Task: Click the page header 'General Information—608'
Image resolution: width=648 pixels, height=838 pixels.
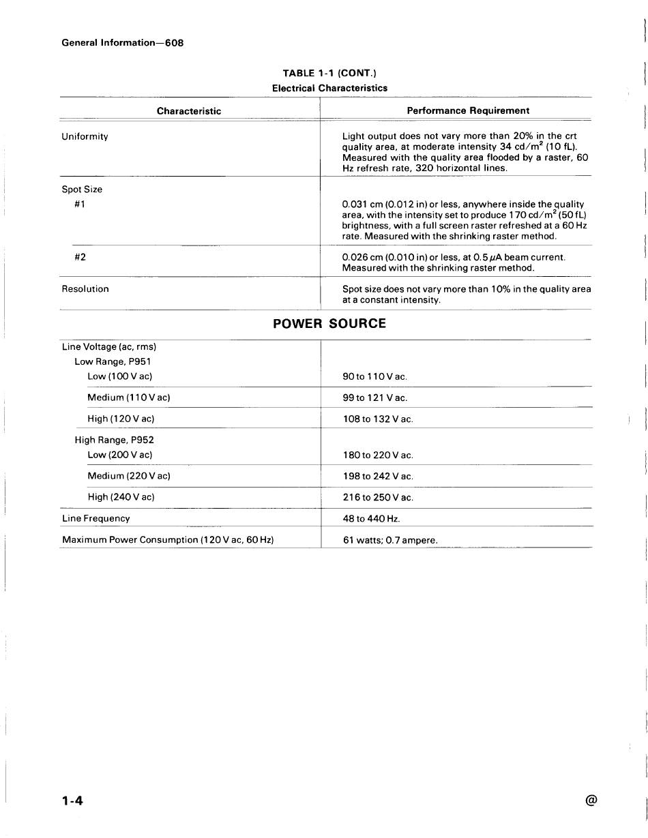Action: coord(123,43)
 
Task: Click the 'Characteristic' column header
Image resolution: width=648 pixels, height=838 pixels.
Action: coord(189,111)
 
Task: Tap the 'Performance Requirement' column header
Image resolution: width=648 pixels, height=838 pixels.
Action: coord(468,110)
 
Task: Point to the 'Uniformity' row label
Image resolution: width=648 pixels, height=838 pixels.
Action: coord(85,136)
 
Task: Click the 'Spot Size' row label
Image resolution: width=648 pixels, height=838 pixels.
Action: coord(82,190)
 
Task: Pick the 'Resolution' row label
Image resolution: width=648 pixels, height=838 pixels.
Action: coord(85,289)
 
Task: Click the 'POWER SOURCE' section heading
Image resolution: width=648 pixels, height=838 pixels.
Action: coord(329,324)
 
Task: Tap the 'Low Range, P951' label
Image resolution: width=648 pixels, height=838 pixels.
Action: coord(113,361)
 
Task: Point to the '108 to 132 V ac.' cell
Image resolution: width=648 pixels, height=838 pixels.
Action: coord(378,419)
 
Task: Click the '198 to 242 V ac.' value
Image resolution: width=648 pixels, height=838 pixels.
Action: coord(378,477)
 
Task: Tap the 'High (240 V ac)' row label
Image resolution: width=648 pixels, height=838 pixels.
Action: coord(121,497)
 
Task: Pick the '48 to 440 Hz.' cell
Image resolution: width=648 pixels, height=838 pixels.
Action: coord(371,519)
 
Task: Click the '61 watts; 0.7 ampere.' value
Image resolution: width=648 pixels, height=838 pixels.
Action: coord(390,541)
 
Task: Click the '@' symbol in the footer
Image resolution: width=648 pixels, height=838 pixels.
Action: coord(591,801)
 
